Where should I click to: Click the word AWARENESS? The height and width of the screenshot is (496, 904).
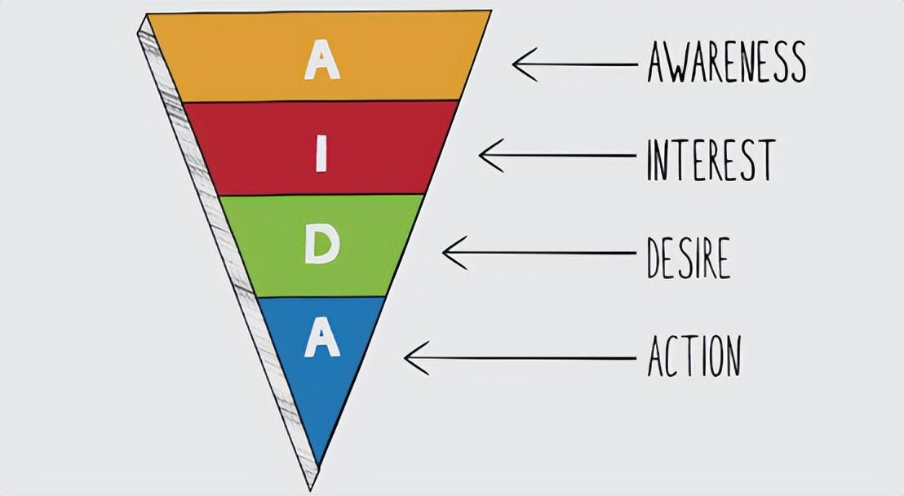click(726, 63)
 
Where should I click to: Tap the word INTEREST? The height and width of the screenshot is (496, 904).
click(709, 159)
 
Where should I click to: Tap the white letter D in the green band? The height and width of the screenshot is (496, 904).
click(321, 246)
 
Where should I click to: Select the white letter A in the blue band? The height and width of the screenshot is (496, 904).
click(321, 338)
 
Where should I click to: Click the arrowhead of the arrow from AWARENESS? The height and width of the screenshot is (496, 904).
click(516, 64)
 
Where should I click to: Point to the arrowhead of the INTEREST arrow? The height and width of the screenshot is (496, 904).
click(481, 155)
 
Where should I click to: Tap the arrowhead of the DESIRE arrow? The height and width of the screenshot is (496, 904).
click(445, 252)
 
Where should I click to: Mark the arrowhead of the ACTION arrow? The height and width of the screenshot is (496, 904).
click(408, 357)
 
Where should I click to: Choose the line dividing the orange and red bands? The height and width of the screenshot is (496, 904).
click(321, 101)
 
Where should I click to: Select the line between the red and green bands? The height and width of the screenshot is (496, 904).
click(321, 195)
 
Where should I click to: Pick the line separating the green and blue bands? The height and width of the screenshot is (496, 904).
click(321, 297)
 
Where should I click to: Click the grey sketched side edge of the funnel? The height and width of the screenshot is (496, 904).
click(220, 245)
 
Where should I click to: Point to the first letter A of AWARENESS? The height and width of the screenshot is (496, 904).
click(658, 63)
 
